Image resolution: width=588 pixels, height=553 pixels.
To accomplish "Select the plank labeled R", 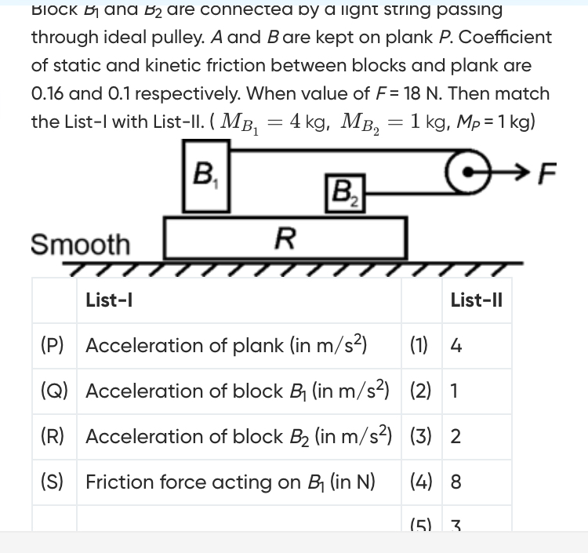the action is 285,237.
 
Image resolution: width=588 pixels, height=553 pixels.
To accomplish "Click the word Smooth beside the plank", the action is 80,244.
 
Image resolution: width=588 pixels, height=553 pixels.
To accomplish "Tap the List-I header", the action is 108,300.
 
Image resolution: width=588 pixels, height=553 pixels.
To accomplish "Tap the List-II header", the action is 477,300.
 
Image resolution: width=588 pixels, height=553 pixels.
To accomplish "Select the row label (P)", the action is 53,345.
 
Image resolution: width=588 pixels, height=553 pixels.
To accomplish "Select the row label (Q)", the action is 53,391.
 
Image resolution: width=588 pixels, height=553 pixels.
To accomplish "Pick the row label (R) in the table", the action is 53,436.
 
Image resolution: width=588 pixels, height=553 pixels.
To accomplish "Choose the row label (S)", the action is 53,482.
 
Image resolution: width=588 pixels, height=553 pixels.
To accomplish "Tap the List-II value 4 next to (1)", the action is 456,345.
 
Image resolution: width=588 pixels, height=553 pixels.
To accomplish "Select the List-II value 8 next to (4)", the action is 456,482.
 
